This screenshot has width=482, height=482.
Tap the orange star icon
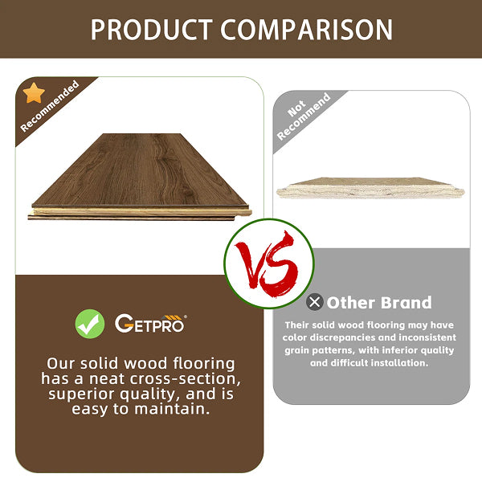click(34, 93)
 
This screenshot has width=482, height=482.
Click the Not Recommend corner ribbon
click(304, 117)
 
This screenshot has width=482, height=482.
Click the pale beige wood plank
click(370, 188)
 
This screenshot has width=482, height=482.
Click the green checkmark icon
click(90, 324)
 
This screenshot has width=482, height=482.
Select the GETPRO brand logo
click(150, 324)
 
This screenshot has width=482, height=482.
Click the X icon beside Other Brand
click(315, 303)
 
